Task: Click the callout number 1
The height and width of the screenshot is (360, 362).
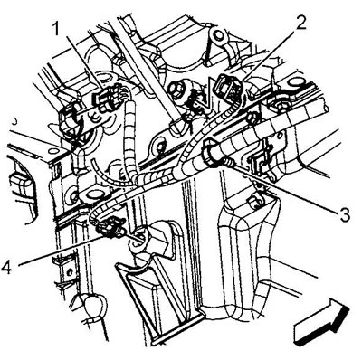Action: coord(56,30)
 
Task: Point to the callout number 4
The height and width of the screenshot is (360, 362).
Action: coord(7,267)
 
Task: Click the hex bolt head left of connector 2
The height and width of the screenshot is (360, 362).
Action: coord(175,89)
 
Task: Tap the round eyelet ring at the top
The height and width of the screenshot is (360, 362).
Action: coord(216,34)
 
